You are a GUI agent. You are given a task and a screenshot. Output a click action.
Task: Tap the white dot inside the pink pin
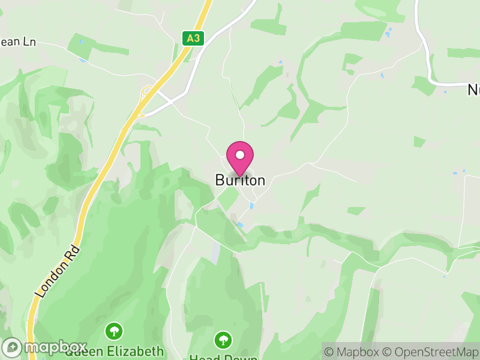pos(240,155)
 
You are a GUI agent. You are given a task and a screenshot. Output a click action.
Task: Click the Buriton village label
pos(240,180)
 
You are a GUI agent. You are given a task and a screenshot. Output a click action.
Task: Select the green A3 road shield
pos(193,38)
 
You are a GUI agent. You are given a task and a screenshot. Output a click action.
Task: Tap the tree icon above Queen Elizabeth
pos(113,331)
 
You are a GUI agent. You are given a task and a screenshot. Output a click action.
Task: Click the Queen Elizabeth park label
pos(114,352)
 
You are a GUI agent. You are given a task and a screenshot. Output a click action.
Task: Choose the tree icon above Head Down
pos(223,340)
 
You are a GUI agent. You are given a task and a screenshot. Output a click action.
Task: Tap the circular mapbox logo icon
pos(13,347)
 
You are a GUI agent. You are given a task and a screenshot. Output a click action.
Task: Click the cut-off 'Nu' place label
pos(473,90)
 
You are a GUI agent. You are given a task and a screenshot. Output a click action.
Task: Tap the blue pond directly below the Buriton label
pos(251,206)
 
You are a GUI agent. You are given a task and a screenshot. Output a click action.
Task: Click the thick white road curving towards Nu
pos(427,54)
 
